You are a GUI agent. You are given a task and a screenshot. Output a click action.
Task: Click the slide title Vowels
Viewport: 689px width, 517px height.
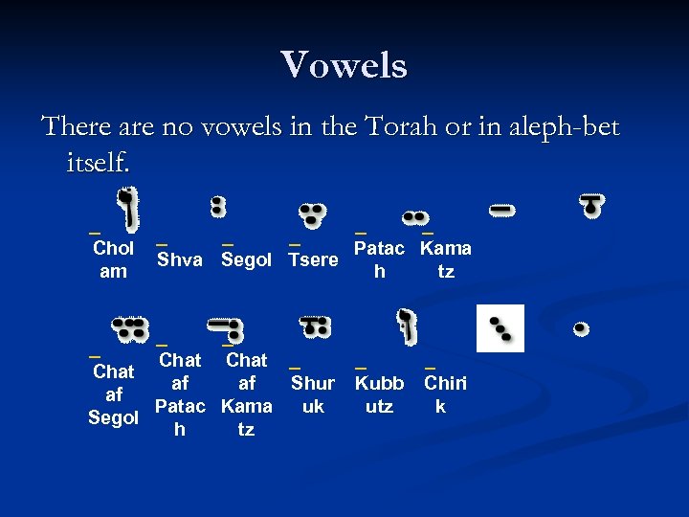(344, 65)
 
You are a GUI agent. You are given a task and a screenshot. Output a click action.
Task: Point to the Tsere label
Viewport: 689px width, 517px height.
(313, 259)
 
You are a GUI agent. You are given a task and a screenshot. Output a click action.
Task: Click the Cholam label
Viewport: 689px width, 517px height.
(113, 259)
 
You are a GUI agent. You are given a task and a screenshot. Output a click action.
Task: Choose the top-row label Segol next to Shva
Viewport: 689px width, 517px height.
(246, 259)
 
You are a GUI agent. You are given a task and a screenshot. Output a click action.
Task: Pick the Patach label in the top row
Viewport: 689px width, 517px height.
(381, 259)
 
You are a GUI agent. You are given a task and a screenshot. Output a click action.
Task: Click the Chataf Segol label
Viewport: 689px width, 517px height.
(114, 394)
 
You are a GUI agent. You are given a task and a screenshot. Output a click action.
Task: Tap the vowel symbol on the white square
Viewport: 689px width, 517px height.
(501, 328)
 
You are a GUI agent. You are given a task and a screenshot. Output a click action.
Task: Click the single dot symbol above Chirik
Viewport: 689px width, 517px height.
(580, 328)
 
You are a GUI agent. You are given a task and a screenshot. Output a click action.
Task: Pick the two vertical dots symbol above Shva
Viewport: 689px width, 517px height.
(218, 206)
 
